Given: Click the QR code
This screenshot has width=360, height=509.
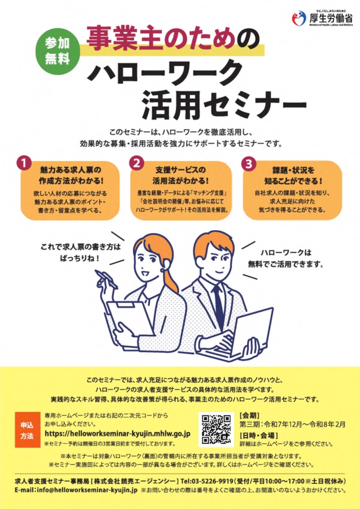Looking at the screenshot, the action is (216, 429).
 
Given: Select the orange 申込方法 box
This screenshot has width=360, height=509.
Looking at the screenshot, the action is (28, 430).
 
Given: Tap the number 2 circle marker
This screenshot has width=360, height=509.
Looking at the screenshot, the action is (136, 163).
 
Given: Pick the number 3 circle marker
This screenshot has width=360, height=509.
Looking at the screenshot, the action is (248, 164).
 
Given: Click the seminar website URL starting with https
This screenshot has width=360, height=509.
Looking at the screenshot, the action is (117, 434).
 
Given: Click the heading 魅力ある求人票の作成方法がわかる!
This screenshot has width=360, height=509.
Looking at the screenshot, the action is (70, 175).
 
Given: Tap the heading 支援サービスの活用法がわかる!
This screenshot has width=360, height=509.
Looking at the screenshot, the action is (180, 175).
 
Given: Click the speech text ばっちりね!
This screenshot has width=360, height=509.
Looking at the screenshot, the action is (79, 259).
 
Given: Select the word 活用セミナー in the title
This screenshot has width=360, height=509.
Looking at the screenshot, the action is (224, 105).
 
